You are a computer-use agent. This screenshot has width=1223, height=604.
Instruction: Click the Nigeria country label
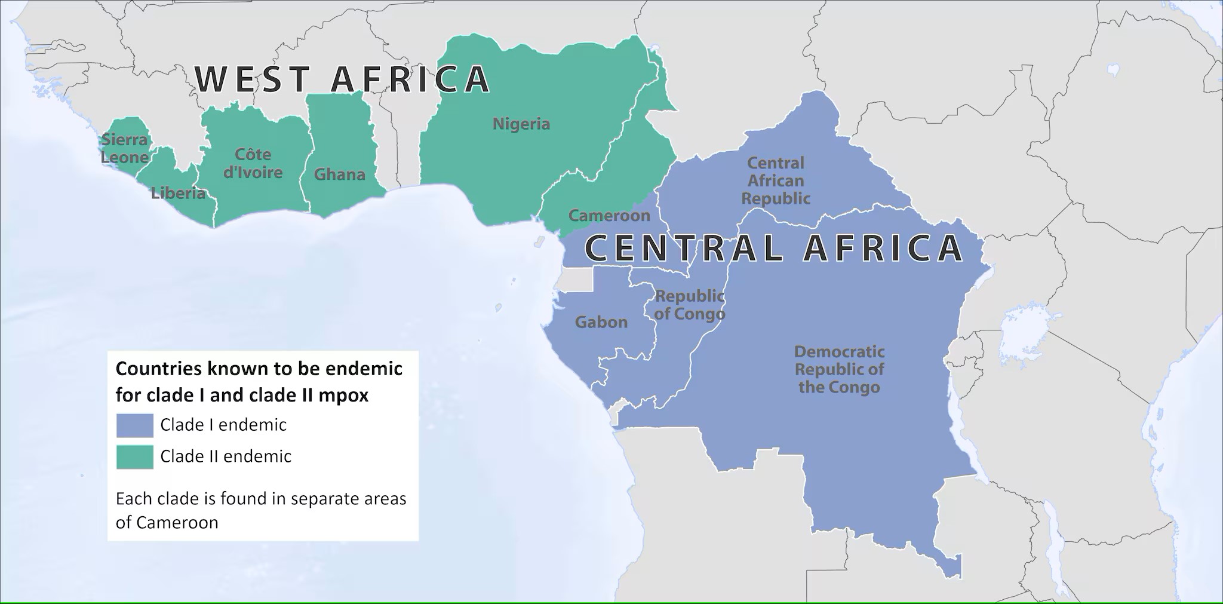(521, 124)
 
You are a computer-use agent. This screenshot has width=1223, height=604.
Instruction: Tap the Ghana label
(339, 174)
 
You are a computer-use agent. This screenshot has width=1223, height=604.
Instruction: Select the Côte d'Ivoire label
(253, 164)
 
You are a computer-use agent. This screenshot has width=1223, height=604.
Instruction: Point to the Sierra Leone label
(124, 149)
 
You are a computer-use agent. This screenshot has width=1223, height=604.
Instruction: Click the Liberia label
(178, 193)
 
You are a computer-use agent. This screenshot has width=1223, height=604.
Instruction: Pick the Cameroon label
(609, 216)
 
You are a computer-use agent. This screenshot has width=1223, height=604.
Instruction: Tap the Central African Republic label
(776, 180)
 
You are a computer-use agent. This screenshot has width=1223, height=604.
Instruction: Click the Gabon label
(601, 323)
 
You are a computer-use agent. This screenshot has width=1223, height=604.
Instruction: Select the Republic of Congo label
(690, 305)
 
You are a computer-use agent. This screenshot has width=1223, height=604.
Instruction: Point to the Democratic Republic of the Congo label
(839, 369)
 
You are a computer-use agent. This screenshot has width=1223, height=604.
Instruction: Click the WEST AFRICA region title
(342, 79)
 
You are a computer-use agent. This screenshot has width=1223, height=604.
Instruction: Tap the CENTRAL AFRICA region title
(773, 249)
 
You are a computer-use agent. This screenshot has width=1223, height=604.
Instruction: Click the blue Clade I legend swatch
(135, 425)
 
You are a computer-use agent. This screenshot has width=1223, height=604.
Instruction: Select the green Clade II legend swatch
(135, 457)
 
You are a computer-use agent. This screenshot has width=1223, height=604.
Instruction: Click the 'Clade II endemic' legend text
(226, 457)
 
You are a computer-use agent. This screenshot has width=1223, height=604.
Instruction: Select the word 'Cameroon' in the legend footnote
(177, 523)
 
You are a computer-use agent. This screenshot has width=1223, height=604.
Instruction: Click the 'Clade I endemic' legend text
(223, 425)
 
